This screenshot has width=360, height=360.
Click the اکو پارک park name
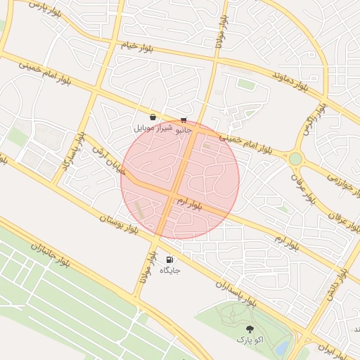(x=250, y=340)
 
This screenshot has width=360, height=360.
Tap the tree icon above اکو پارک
(x=250, y=329)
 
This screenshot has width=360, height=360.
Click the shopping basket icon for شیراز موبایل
(x=153, y=117)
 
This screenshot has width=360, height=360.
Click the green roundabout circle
(x=295, y=159)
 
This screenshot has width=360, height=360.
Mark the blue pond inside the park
(x=283, y=347)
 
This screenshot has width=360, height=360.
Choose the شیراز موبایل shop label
(x=148, y=129)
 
